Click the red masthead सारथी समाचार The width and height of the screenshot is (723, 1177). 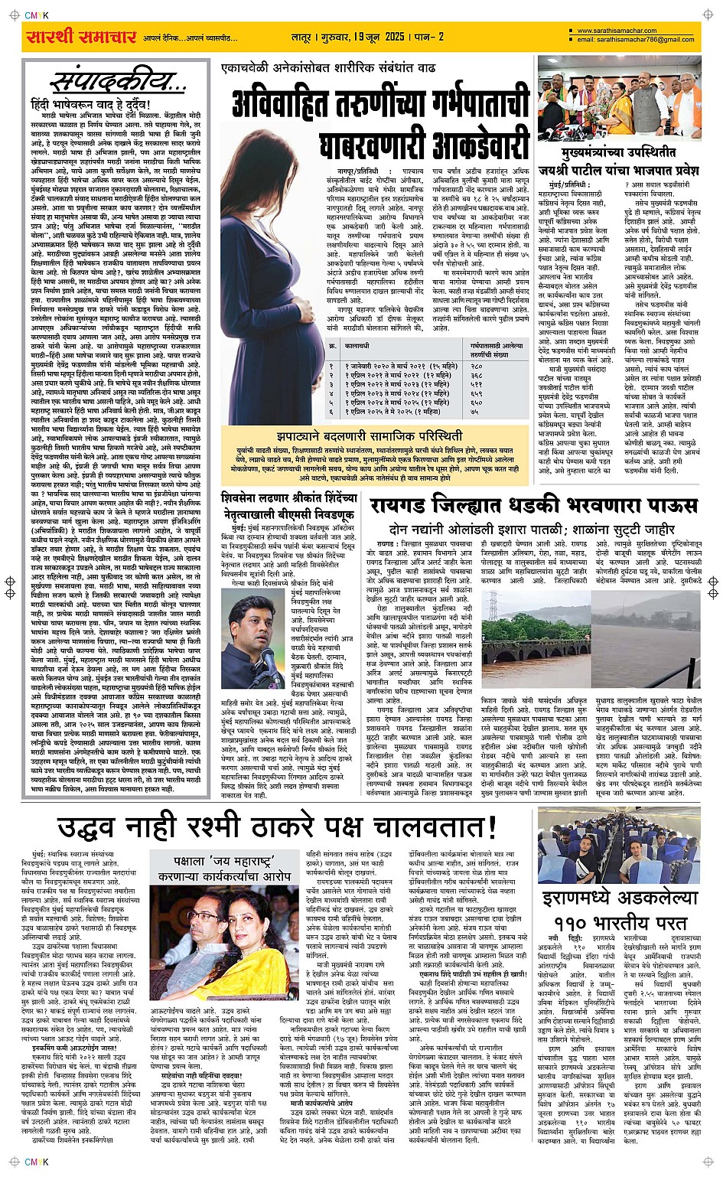coord(81,36)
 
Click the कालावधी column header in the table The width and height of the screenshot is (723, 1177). coord(357,346)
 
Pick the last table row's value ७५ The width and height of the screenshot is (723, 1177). coord(474,412)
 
